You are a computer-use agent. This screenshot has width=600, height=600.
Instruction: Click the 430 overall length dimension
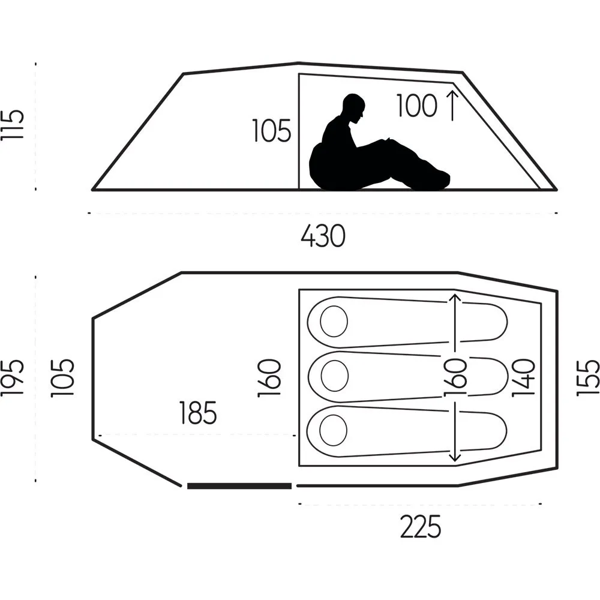[x=323, y=236]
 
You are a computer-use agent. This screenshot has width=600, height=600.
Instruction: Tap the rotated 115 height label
[x=13, y=125]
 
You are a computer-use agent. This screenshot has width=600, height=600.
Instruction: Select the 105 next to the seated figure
[x=272, y=131]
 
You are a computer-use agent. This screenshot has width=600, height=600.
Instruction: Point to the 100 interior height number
[x=416, y=106]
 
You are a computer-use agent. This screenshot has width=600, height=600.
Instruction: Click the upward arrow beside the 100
[x=452, y=106]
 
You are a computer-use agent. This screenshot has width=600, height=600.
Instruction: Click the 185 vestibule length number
[x=198, y=413]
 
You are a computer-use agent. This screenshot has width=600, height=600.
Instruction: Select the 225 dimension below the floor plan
[x=421, y=527]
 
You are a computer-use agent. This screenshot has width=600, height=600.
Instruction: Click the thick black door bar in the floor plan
[x=239, y=486]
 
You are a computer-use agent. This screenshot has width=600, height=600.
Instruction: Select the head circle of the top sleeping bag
[x=334, y=322]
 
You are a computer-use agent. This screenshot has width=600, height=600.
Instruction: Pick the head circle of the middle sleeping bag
[x=334, y=376]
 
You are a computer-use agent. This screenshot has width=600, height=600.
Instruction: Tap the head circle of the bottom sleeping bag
[x=333, y=430]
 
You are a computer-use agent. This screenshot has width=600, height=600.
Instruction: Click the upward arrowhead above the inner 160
[x=455, y=298]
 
